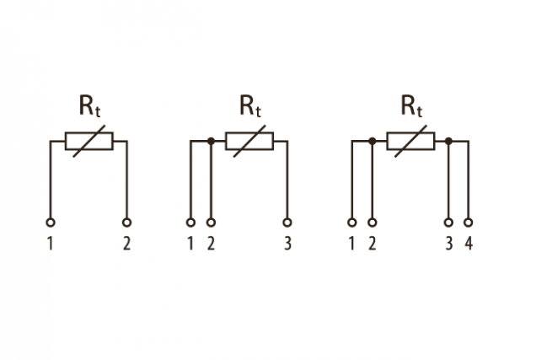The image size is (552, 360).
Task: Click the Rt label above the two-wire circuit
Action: [90, 105]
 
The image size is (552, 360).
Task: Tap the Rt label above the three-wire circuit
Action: [250, 105]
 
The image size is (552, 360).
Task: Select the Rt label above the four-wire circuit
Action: [411, 105]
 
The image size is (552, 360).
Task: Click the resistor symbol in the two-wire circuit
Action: [89, 141]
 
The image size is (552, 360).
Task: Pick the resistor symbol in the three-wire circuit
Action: [249, 141]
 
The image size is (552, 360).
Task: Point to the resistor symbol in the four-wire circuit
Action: [410, 141]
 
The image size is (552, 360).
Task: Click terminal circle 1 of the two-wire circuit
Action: [51, 223]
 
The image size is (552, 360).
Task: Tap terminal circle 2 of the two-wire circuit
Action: [126, 223]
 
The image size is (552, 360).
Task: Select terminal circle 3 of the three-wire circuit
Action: [287, 223]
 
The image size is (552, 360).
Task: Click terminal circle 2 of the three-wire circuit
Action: [211, 223]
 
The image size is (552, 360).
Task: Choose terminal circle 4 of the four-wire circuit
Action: [469, 223]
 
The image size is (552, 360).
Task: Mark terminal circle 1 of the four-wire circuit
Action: [352, 223]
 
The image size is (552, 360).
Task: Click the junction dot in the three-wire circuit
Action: [211, 142]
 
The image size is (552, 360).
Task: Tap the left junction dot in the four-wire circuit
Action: [372, 142]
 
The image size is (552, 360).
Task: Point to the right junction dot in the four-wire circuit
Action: [448, 142]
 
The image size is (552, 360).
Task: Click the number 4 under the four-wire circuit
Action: [469, 244]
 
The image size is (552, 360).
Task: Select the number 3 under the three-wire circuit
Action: [287, 244]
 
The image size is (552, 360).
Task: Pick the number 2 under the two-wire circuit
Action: [126, 244]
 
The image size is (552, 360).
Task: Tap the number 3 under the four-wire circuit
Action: [449, 244]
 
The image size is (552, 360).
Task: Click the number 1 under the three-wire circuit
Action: [190, 244]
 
